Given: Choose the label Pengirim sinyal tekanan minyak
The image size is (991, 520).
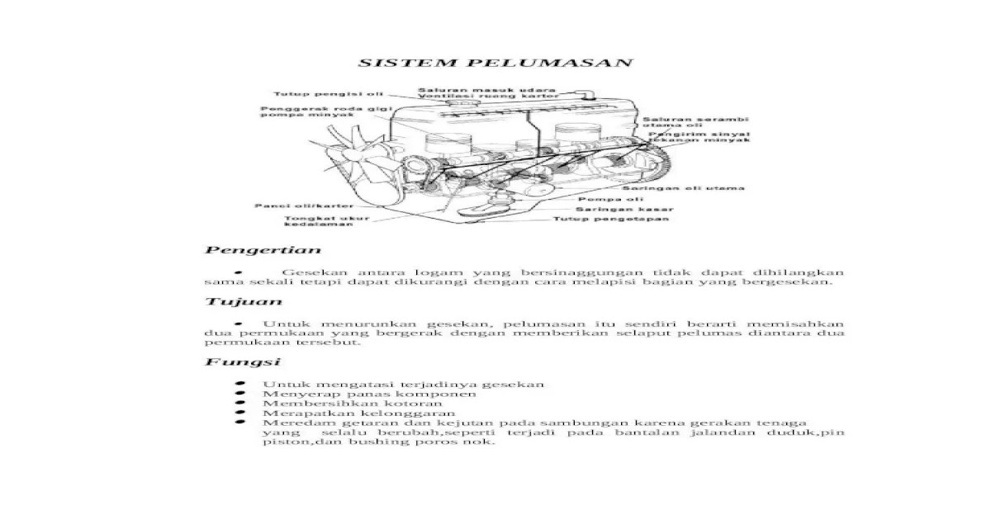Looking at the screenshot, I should (698, 136).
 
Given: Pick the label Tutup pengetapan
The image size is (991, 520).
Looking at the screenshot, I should (610, 220).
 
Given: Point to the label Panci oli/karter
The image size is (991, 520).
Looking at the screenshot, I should (292, 205).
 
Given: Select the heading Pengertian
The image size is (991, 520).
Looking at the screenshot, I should (263, 249).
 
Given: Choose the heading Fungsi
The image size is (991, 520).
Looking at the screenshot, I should (231, 362).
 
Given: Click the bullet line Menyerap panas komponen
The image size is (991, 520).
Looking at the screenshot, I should (369, 394).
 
